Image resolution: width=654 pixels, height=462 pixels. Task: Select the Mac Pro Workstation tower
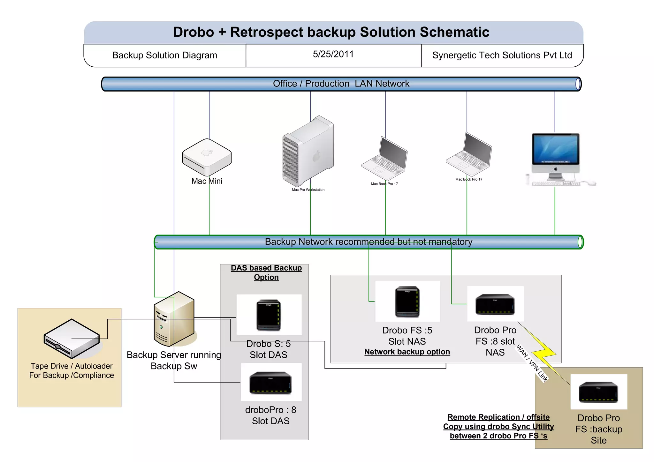pos(308,152)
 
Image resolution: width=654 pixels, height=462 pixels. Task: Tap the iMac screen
pos(555,148)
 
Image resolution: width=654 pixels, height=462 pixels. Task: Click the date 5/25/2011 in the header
pos(333,54)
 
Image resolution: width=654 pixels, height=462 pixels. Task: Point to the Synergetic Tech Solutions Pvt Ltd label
pos(502,55)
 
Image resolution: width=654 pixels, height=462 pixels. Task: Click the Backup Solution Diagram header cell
pos(164,55)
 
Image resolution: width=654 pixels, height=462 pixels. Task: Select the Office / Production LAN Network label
pos(341,84)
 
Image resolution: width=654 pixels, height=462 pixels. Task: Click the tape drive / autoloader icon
pos(72,339)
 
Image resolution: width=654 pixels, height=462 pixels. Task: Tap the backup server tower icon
pos(174,319)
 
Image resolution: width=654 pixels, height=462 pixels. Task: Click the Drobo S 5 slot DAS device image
pos(269,315)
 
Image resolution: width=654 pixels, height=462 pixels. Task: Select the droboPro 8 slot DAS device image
pos(270,382)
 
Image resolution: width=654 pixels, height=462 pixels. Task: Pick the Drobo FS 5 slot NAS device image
pos(407,302)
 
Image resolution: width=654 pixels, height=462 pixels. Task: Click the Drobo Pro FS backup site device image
pos(598,392)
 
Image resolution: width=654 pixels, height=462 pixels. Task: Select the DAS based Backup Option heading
pos(266,272)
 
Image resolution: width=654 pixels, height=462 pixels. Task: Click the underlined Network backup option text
pos(407,352)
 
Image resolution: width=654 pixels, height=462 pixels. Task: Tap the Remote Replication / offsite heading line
pos(498,417)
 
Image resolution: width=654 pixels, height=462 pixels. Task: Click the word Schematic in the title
pos(454,32)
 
